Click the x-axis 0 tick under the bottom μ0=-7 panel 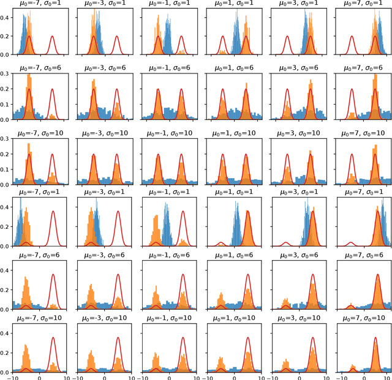[40, 377]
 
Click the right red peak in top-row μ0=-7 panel [51, 37]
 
